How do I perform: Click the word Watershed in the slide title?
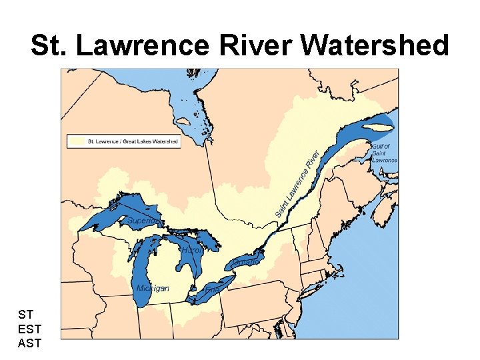pos(375,46)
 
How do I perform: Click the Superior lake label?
pos(143,221)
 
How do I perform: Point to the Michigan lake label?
pos(152,289)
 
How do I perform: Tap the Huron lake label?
pos(191,250)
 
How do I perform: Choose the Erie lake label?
pos(213,289)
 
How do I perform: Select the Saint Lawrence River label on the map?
pos(301,182)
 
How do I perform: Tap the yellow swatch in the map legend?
pos(77,141)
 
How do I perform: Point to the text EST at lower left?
pos(30,328)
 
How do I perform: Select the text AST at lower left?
pos(30,343)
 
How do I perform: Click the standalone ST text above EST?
pos(26,313)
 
